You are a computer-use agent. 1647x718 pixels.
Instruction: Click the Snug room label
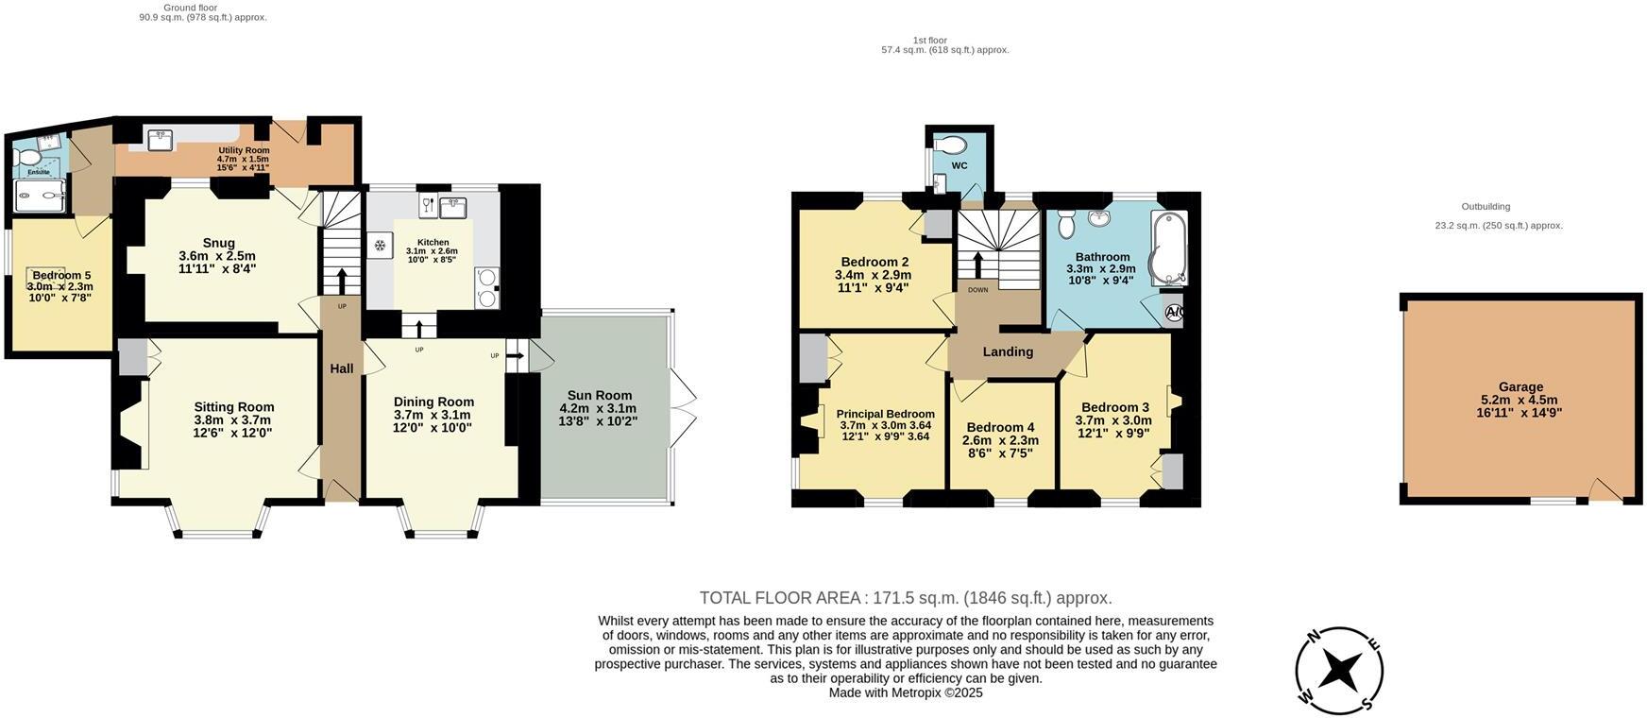(218, 243)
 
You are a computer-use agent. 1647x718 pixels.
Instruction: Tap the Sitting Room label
(233, 407)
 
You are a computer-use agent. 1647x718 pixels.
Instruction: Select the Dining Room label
(433, 402)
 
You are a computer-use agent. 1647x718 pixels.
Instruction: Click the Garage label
(1520, 386)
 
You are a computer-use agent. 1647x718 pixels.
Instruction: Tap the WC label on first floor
(959, 166)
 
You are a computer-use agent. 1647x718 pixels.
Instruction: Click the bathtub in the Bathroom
(1169, 248)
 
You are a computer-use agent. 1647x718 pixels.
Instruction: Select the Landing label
(1008, 351)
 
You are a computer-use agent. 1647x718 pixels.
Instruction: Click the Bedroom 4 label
(1000, 427)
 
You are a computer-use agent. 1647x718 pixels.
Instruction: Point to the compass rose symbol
(1339, 671)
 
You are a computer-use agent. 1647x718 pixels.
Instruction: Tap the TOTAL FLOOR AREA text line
(906, 598)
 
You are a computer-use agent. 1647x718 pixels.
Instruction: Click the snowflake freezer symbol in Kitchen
(380, 247)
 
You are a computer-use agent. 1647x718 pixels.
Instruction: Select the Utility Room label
(244, 150)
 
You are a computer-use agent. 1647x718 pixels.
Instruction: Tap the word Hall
(341, 368)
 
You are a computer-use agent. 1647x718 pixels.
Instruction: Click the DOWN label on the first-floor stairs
(977, 290)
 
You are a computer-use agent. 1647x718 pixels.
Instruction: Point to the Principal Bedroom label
(885, 414)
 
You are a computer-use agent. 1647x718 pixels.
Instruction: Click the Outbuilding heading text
(1486, 207)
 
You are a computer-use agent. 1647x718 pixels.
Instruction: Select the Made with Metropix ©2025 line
(906, 692)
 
